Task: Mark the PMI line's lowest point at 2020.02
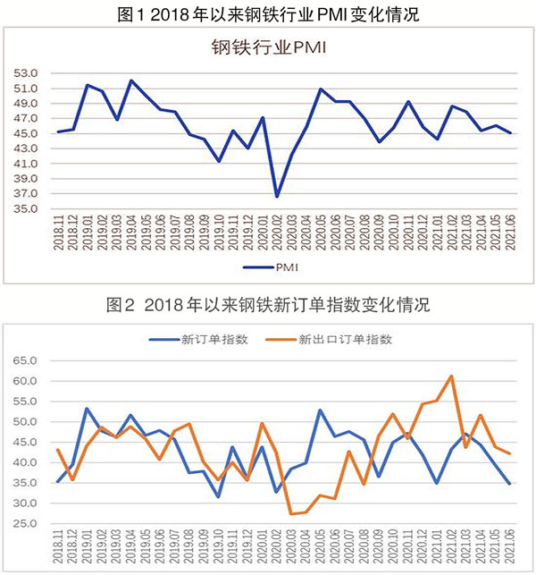277,197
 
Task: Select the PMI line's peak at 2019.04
131,80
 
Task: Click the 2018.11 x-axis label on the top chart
58,234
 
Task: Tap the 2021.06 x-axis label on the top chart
510,234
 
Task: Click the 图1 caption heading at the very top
268,13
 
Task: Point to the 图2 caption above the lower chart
268,305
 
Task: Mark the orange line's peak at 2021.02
452,376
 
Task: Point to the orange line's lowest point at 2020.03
290,514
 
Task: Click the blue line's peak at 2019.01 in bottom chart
87,409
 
